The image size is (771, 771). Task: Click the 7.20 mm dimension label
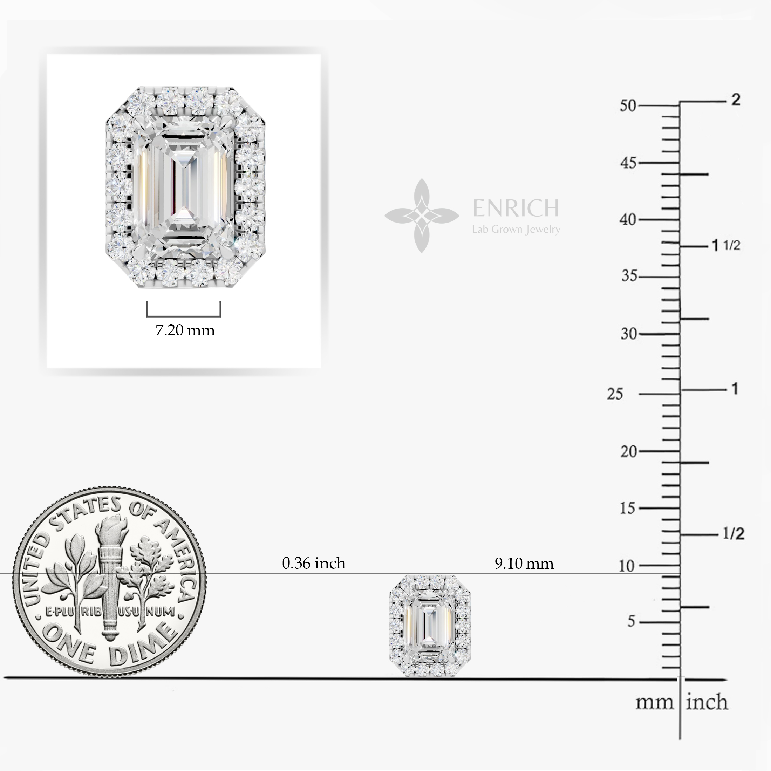click(x=185, y=330)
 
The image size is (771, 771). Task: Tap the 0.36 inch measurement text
click(x=314, y=563)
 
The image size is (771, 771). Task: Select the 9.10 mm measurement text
click(x=524, y=564)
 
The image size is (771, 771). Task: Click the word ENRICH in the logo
click(x=516, y=208)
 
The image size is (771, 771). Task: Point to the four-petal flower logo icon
click(x=421, y=216)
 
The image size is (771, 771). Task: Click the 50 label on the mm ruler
click(x=628, y=106)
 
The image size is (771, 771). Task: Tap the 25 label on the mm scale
click(x=615, y=394)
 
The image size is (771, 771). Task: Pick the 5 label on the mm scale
click(x=631, y=622)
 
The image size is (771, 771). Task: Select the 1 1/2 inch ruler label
click(x=726, y=245)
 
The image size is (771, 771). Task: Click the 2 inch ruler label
click(x=736, y=100)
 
